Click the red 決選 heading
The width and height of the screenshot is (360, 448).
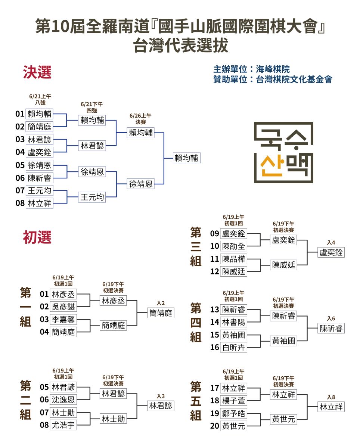(x=37, y=72)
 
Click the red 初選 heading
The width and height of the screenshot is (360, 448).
(x=37, y=237)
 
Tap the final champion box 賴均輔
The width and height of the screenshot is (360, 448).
(x=187, y=158)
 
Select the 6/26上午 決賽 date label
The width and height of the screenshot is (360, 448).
(x=140, y=119)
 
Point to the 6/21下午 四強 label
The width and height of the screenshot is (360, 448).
(x=91, y=107)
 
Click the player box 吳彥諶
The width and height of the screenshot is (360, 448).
(x=63, y=307)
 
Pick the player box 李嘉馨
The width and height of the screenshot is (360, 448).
(x=63, y=319)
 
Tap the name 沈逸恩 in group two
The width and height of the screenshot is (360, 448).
(x=63, y=399)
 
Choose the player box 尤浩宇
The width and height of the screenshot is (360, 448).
(x=63, y=425)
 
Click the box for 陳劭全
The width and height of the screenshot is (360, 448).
(x=233, y=246)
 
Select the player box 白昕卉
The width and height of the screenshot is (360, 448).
(x=233, y=347)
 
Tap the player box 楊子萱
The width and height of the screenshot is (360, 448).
(x=233, y=401)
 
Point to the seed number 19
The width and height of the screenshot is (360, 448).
(x=214, y=413)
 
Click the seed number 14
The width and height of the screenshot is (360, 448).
(x=214, y=322)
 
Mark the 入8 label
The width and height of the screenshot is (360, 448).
(x=331, y=397)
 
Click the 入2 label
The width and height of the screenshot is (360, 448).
(x=161, y=303)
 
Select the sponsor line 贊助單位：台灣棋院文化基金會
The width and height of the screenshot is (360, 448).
(x=273, y=79)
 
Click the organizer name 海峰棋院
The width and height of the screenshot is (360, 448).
(x=273, y=69)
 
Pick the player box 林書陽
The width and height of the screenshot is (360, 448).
(x=233, y=322)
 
